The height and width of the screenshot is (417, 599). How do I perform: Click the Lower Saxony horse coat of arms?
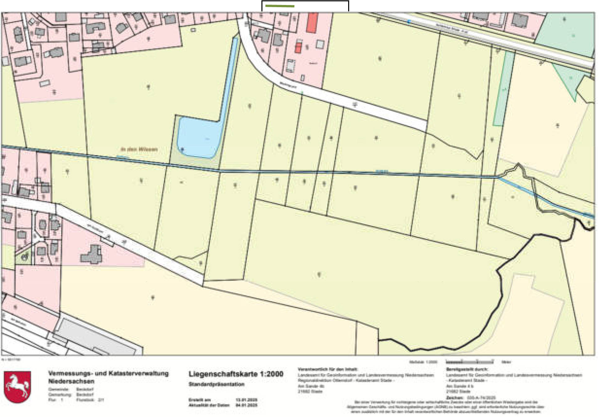[17, 387]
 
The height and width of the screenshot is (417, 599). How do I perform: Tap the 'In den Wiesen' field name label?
[139, 149]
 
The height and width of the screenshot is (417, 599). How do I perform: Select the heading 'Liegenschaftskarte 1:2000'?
[236, 374]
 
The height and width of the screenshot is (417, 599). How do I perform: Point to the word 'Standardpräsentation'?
[217, 384]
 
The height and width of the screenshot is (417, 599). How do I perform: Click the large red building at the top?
[312, 23]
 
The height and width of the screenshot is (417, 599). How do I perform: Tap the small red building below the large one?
[298, 48]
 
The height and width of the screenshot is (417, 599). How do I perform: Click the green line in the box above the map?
[279, 6]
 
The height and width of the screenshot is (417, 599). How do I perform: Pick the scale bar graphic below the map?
[469, 362]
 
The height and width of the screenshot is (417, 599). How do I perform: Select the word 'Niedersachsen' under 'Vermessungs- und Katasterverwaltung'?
[71, 381]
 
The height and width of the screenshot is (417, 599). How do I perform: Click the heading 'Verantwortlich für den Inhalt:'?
[328, 369]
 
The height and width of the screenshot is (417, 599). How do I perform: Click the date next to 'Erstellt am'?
[247, 400]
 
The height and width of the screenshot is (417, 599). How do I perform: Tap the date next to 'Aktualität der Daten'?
[247, 405]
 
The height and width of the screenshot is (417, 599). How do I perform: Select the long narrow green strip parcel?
[504, 89]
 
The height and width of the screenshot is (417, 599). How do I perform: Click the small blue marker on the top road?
[409, 21]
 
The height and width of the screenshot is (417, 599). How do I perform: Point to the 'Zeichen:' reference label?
[454, 398]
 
